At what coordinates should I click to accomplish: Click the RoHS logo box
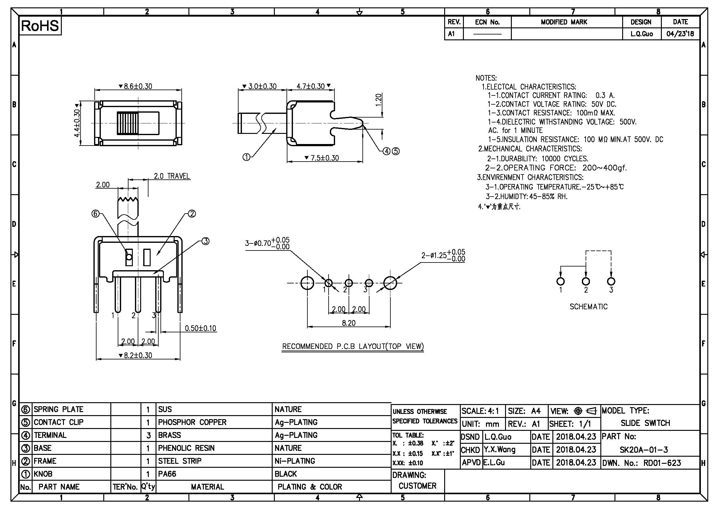(x=40, y=26)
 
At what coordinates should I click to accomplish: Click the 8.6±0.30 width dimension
(x=138, y=86)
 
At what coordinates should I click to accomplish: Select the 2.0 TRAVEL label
(x=172, y=176)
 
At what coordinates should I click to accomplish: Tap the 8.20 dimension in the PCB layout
(x=349, y=323)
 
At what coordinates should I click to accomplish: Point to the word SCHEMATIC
(x=588, y=307)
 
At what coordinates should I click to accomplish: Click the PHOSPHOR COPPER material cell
(x=192, y=422)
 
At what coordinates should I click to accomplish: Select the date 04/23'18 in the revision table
(x=680, y=34)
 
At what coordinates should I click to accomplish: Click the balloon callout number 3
(x=205, y=241)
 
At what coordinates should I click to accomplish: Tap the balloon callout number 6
(x=95, y=214)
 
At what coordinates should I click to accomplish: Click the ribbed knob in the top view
(x=128, y=123)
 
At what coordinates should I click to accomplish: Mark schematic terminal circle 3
(x=611, y=281)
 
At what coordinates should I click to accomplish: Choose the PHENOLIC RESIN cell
(x=186, y=448)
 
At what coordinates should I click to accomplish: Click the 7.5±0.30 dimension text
(x=324, y=158)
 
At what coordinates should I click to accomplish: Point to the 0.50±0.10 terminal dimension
(x=200, y=328)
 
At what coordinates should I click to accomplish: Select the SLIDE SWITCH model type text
(x=645, y=423)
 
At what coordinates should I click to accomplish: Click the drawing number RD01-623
(x=662, y=463)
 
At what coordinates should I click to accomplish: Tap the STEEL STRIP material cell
(x=180, y=461)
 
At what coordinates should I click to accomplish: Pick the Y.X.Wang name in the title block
(x=500, y=450)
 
